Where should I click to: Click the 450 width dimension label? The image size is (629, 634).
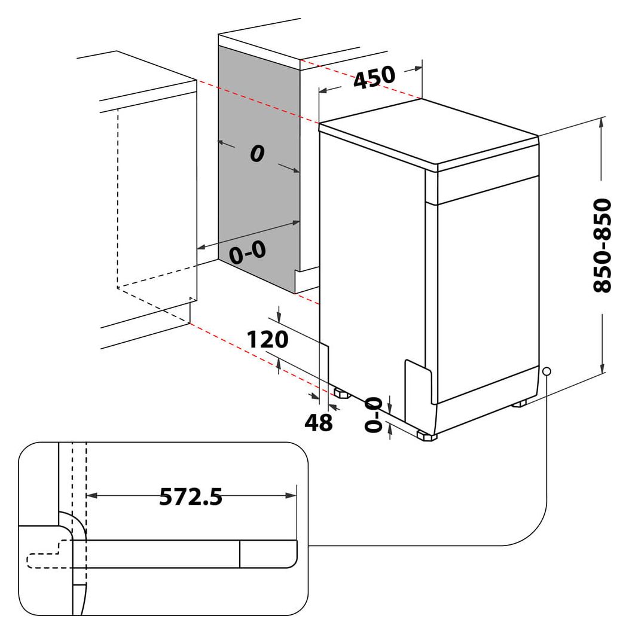click(x=374, y=77)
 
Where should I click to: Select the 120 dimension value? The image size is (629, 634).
click(x=268, y=340)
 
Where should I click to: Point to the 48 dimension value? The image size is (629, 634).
click(x=318, y=423)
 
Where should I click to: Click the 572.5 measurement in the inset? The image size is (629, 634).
click(x=191, y=496)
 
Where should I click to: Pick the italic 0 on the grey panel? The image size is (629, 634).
click(x=257, y=154)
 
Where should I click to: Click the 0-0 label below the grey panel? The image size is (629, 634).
click(x=247, y=253)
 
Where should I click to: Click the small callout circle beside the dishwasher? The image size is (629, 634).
click(x=546, y=371)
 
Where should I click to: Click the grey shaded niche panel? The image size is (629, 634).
click(x=258, y=197)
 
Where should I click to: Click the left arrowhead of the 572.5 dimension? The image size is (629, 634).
click(x=91, y=495)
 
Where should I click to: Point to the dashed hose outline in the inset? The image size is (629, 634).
click(x=45, y=556)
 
